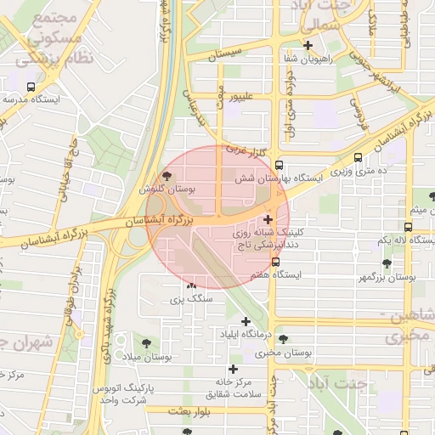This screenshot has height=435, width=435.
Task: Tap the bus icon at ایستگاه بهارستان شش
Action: pyautogui.click(x=279, y=167)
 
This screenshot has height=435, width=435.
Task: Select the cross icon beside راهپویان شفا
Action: pyautogui.click(x=308, y=46)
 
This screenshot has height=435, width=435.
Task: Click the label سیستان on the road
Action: pyautogui.click(x=230, y=52)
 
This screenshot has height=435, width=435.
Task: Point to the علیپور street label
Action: pyautogui.click(x=241, y=96)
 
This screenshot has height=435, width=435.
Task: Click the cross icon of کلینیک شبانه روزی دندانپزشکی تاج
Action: pyautogui.click(x=269, y=220)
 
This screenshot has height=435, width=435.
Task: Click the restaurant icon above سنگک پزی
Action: pyautogui.click(x=190, y=286)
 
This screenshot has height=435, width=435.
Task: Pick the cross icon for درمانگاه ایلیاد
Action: pyautogui.click(x=246, y=321)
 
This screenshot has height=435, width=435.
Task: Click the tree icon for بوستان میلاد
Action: pyautogui.click(x=150, y=343)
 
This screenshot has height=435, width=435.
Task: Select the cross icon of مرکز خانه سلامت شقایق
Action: pyautogui.click(x=233, y=369)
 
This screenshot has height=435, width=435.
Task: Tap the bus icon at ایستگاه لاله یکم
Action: pyautogui.click(x=409, y=228)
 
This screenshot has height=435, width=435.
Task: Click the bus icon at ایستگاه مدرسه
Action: pyautogui.click(x=31, y=87)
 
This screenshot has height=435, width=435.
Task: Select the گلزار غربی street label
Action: pyautogui.click(x=246, y=150)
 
